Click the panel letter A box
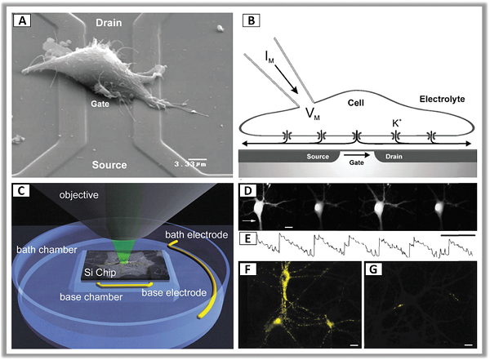click(22, 21)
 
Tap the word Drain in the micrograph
click(109, 23)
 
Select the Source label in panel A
click(109, 165)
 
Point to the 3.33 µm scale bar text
click(190, 164)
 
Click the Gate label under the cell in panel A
click(100, 104)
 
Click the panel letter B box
click(251, 21)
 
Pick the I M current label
click(269, 58)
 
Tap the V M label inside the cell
click(313, 113)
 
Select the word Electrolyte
click(442, 100)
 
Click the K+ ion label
click(397, 123)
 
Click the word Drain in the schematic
click(394, 157)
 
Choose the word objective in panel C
click(78, 195)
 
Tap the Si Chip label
click(100, 273)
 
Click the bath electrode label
click(197, 234)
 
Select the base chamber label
click(91, 297)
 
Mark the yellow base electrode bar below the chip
click(124, 285)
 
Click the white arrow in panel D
click(249, 220)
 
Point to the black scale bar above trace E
click(458, 235)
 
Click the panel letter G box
click(373, 269)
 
